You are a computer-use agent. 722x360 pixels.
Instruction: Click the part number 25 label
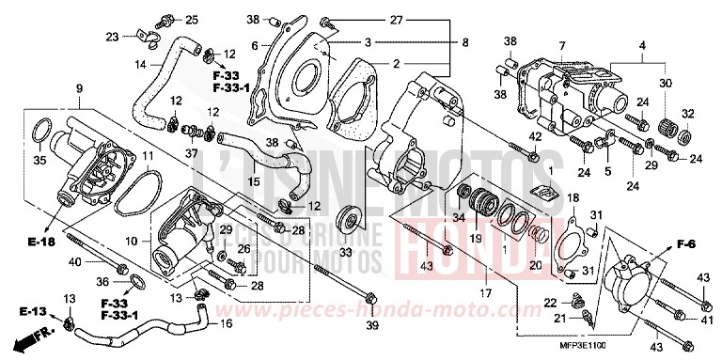pos(192,20)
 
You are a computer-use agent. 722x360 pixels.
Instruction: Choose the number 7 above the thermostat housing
pos(561,46)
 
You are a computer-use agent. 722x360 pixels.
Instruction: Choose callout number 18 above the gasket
pos(573,197)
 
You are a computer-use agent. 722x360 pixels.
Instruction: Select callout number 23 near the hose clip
pos(112,37)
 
